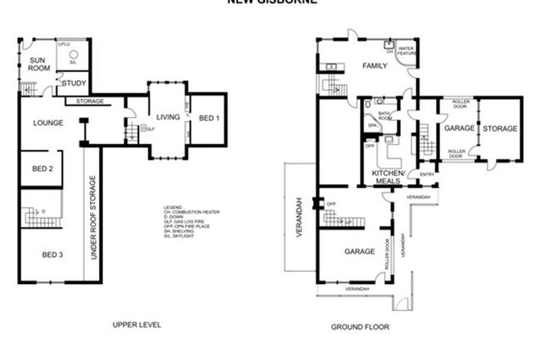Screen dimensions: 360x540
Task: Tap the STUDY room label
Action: (74, 83)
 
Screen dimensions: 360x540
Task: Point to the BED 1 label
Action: (210, 119)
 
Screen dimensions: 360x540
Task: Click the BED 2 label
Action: (43, 169)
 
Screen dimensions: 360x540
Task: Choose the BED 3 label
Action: (52, 254)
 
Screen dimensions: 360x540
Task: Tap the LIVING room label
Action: (169, 117)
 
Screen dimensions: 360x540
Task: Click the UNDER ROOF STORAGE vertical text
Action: (93, 218)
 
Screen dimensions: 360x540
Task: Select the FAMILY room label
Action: (375, 65)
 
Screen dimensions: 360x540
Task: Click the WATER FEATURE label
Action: (407, 51)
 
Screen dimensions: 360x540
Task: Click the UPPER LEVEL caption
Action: (137, 325)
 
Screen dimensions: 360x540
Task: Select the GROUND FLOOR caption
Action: (360, 326)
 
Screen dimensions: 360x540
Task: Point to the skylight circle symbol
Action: (73, 54)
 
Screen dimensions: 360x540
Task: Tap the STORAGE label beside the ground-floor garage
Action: (500, 128)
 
